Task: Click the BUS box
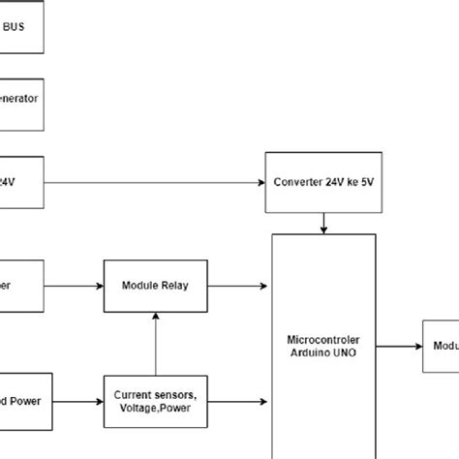(21, 27)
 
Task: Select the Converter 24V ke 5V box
(323, 182)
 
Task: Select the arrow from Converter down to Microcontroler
(323, 222)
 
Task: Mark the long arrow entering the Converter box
(155, 182)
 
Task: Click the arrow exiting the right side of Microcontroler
(398, 346)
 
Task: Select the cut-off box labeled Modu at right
(440, 346)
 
